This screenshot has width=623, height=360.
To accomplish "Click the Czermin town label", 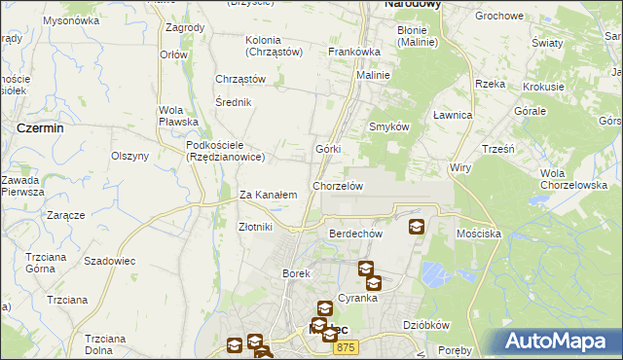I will (x=41, y=127).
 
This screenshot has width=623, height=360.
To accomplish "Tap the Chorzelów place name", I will (x=338, y=186).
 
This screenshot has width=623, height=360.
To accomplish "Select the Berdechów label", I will (x=354, y=234).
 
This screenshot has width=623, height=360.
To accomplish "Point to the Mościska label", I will (x=478, y=234).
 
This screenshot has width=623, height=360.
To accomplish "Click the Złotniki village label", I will (x=255, y=227).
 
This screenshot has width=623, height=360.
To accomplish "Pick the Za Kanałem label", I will (x=268, y=195).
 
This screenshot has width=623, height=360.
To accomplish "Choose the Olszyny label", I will (x=129, y=156).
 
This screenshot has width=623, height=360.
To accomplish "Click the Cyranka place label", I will (x=357, y=298).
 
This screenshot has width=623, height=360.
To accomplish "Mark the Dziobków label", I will (x=424, y=325).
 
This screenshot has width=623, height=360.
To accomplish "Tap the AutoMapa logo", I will (x=555, y=342).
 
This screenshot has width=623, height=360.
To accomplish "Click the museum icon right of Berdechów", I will (x=417, y=227).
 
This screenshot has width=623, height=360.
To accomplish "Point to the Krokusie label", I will (x=543, y=86).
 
